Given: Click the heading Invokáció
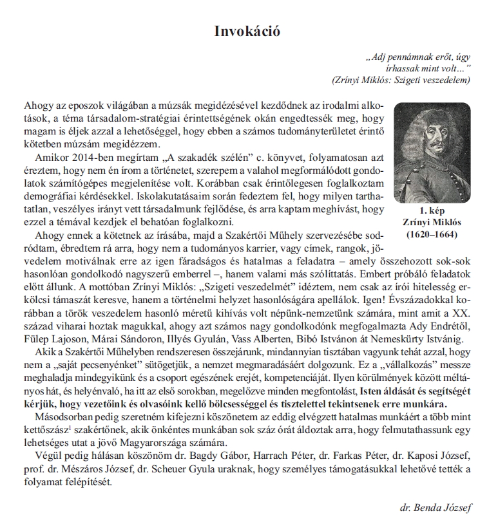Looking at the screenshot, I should pos(248,30).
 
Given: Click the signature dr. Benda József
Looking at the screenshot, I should pos(436,508).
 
